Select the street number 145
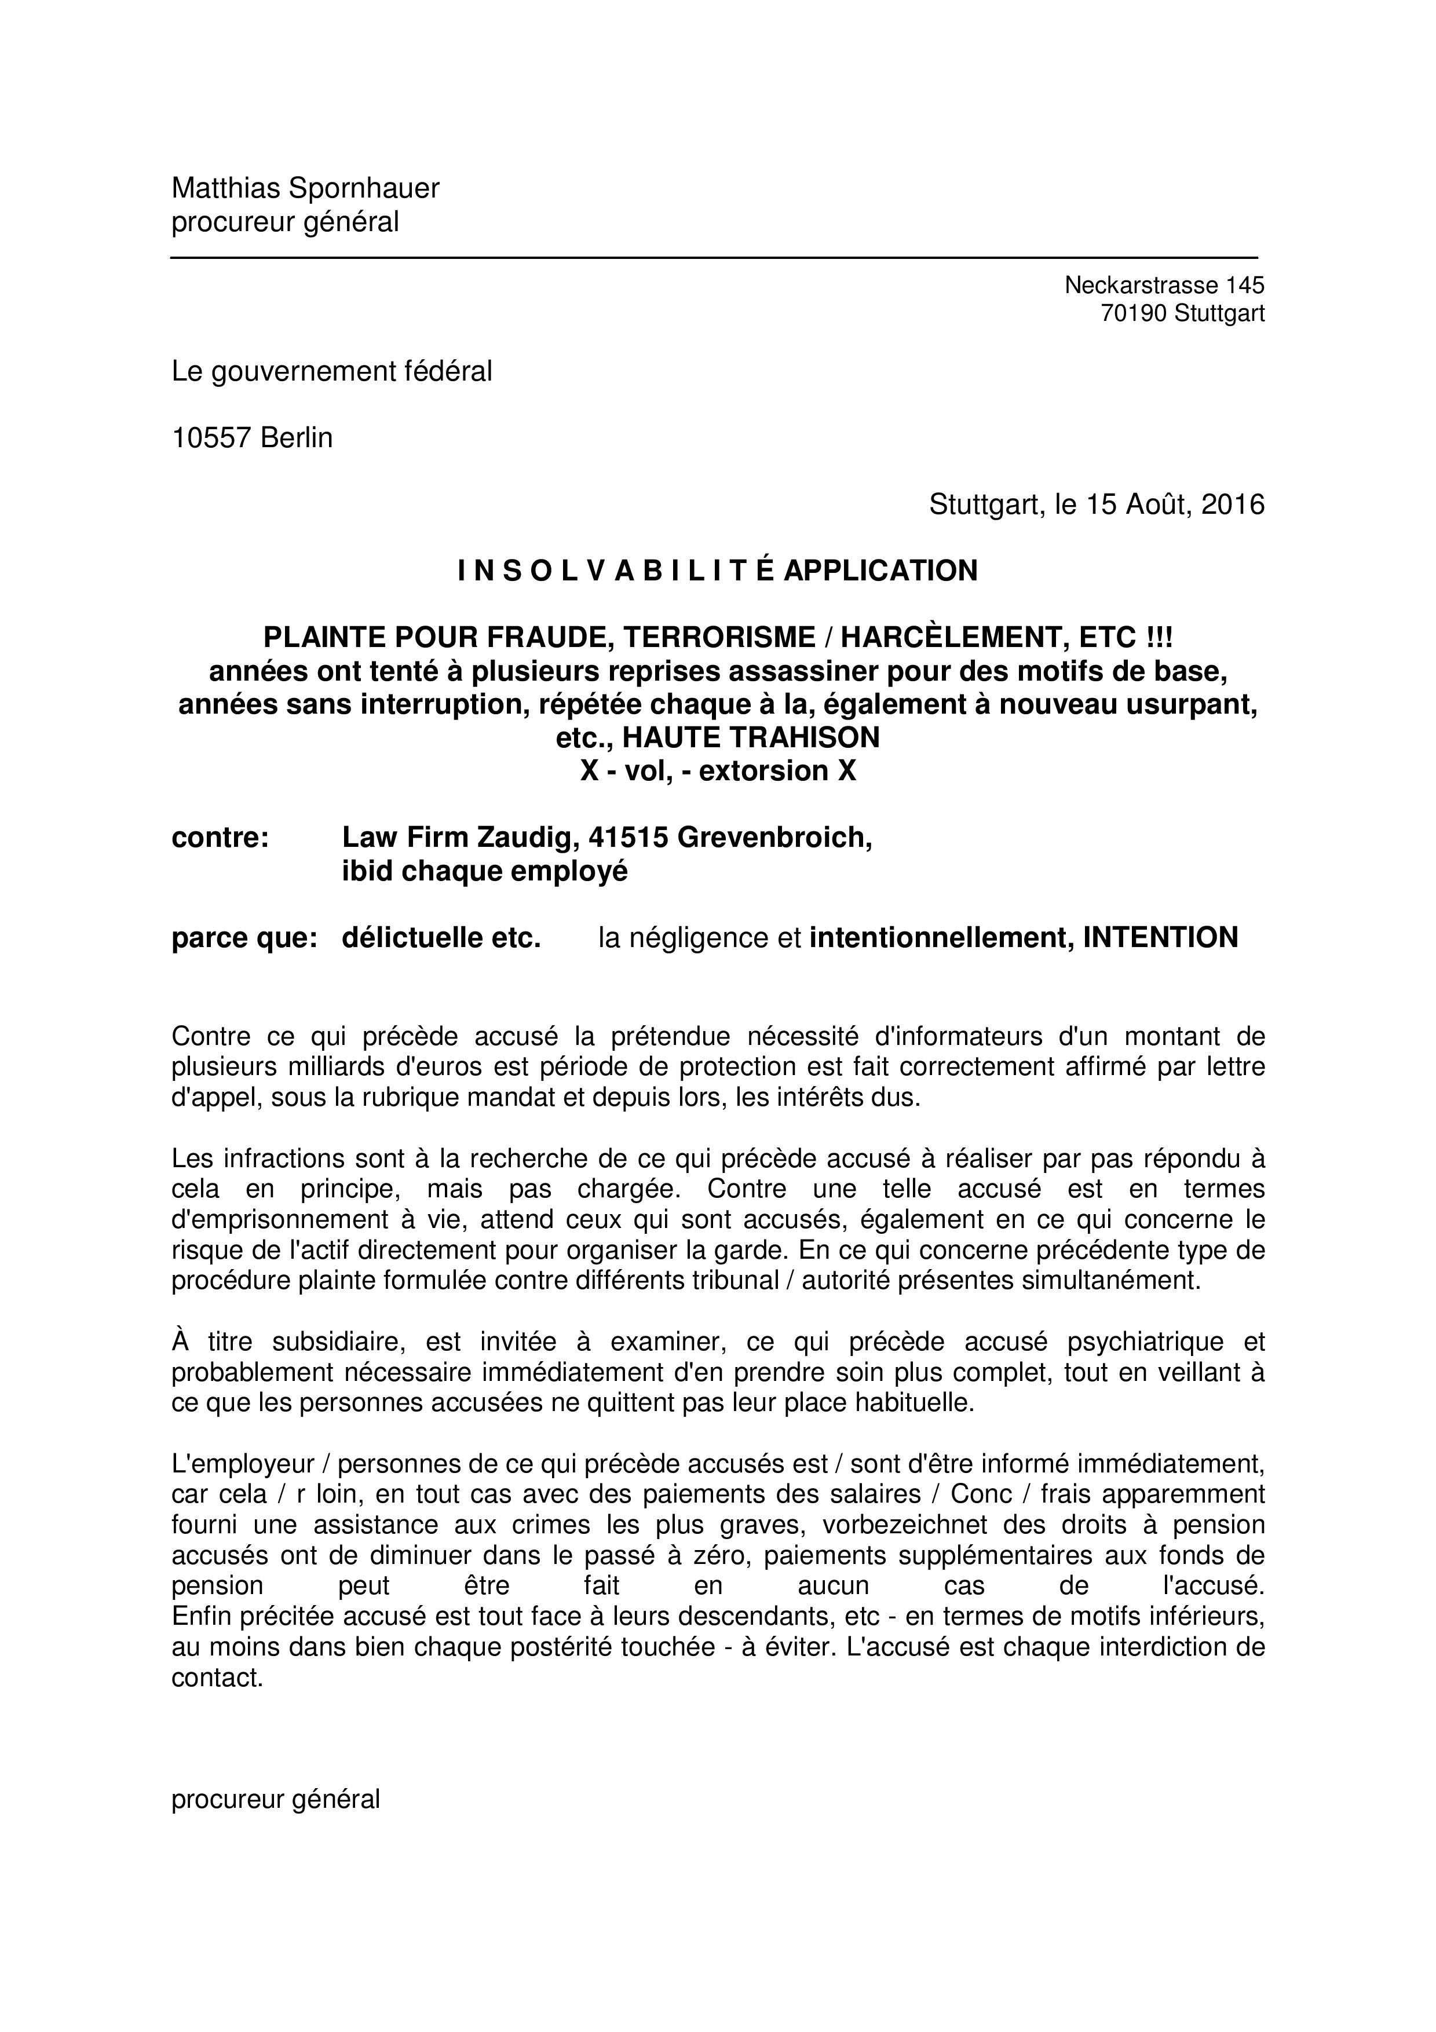click(x=1245, y=285)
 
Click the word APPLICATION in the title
click(x=880, y=571)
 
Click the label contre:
click(x=220, y=837)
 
